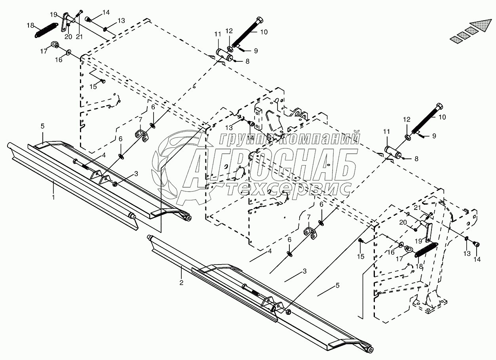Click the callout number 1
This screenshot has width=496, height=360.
tap(54, 196)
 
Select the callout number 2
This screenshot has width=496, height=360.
tap(181, 282)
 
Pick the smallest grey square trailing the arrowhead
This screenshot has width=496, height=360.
tap(456, 38)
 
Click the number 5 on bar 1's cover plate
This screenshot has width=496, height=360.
tap(43, 126)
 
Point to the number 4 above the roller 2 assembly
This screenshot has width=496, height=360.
tap(269, 251)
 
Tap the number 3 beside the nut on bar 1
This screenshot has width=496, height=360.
tap(136, 173)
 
